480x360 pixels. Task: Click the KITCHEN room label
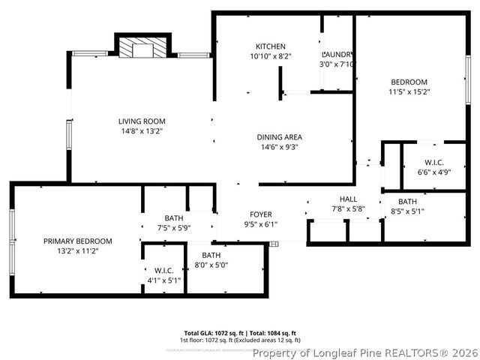[270, 46]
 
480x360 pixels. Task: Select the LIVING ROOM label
[142, 121]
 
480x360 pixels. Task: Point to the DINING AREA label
[279, 137]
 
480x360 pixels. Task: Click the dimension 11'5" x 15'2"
[409, 92]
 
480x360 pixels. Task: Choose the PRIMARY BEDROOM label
[77, 241]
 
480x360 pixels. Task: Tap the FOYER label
[261, 214]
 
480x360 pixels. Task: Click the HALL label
[348, 199]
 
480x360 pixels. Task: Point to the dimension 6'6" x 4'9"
[433, 172]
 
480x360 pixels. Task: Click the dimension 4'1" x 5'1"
[163, 280]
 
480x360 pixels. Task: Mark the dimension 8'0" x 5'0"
[211, 265]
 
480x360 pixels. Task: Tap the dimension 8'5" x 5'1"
[408, 211]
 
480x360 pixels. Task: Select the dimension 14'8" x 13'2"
[142, 130]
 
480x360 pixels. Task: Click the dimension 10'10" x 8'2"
[270, 55]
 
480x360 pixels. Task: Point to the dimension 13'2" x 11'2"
[77, 250]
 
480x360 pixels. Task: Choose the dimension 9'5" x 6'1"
[261, 224]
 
